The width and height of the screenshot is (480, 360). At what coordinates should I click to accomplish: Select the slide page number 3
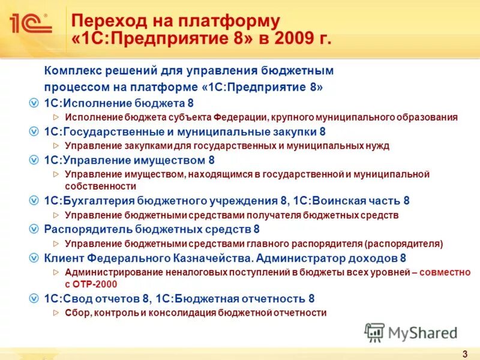(465, 352)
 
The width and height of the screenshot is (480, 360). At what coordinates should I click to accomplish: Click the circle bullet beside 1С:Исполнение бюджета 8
(35, 103)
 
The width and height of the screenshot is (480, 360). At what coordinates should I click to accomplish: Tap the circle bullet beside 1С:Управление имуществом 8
(35, 160)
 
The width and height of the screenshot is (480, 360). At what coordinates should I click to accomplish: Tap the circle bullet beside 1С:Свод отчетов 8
(35, 298)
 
